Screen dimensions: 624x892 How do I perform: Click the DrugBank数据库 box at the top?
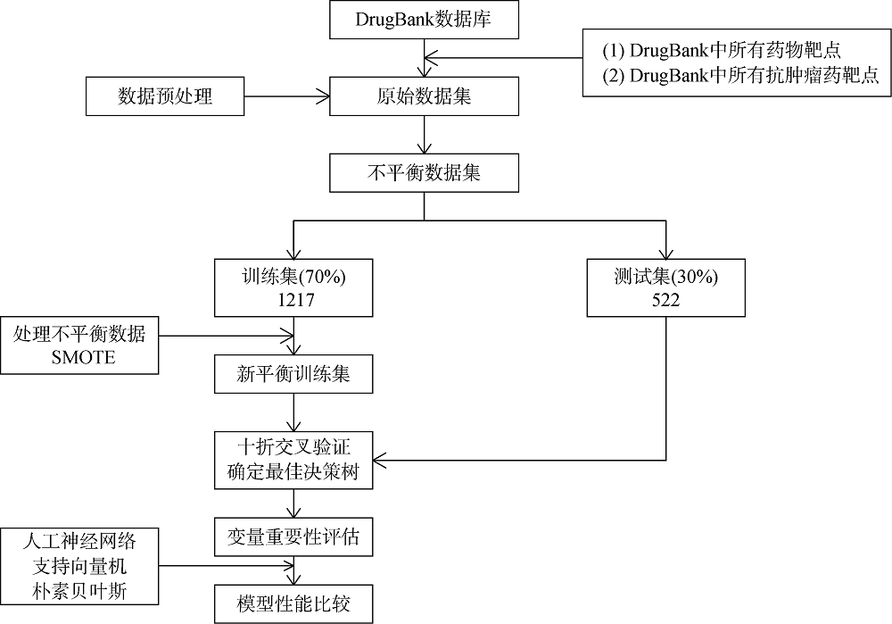coord(423,21)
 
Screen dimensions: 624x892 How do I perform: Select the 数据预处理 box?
coord(165,96)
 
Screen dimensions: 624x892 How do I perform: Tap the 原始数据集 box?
coord(423,96)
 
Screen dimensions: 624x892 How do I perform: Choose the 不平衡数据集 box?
coord(423,173)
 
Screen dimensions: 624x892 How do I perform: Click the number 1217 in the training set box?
coord(293,300)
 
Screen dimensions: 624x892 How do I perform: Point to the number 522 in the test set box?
coord(665,300)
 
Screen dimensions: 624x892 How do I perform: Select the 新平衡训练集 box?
coord(293,375)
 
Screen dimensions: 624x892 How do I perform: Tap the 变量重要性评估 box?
coord(293,538)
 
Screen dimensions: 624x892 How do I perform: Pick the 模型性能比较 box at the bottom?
coord(293,605)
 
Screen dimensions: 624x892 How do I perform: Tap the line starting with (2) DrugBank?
coord(740,76)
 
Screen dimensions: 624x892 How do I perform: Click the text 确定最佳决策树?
coord(293,472)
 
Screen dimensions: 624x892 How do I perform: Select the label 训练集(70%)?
coord(293,276)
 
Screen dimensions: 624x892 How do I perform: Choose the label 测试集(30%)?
coord(665,276)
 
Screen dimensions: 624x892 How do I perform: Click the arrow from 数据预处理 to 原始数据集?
coord(285,96)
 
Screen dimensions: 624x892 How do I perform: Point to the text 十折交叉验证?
coord(293,446)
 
